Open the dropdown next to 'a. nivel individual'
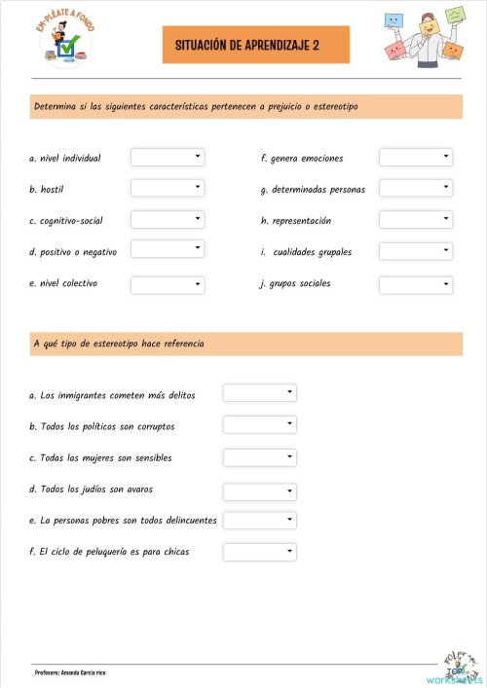168,157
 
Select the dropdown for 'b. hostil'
168,188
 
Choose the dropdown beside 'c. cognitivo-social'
168,220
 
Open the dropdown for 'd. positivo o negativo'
168,250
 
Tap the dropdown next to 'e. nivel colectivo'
168,284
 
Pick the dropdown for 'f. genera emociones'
416,157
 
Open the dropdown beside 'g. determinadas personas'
416,188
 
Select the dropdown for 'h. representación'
416,220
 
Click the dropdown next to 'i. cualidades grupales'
416,251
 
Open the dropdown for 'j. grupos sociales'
416,284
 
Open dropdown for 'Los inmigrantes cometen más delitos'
260,393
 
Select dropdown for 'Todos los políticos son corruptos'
260,425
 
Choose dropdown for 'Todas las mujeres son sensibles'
260,457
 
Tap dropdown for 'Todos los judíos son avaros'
260,489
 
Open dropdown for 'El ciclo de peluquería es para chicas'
260,552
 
